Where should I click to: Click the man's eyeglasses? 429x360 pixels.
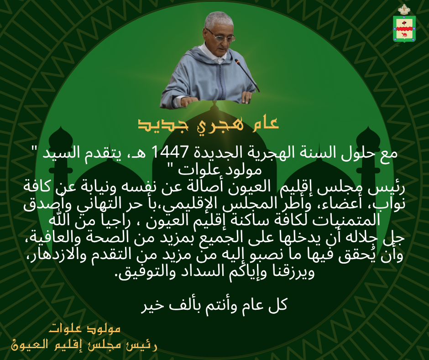220,36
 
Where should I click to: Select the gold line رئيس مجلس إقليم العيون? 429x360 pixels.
84,344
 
